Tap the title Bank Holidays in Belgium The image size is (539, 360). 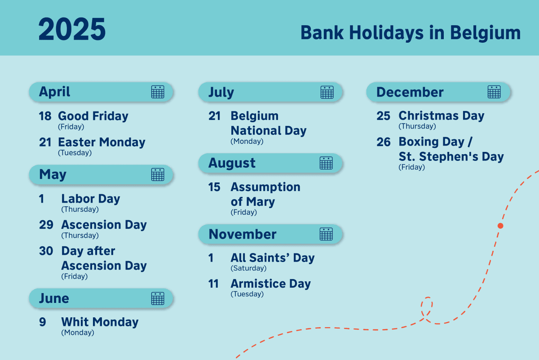point(410,33)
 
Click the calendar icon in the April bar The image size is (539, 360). point(158,92)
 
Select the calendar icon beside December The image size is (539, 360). point(494,92)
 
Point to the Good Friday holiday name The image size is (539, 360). point(93,116)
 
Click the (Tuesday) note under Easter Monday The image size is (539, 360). point(75,153)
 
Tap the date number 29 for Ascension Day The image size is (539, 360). point(46,225)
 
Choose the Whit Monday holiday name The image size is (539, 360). point(100,322)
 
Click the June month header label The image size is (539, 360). point(54,298)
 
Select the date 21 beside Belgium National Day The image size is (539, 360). point(215,116)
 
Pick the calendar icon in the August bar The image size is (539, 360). point(326,163)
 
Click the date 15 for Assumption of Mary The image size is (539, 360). point(214,187)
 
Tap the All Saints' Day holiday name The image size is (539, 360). point(272,258)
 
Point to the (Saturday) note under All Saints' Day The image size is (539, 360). point(248,268)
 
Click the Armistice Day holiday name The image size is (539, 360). point(270,284)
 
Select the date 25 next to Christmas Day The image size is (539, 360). point(383,116)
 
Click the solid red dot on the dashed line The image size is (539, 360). point(500,226)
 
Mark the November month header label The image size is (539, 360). point(243,234)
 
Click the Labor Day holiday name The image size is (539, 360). point(91,199)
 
